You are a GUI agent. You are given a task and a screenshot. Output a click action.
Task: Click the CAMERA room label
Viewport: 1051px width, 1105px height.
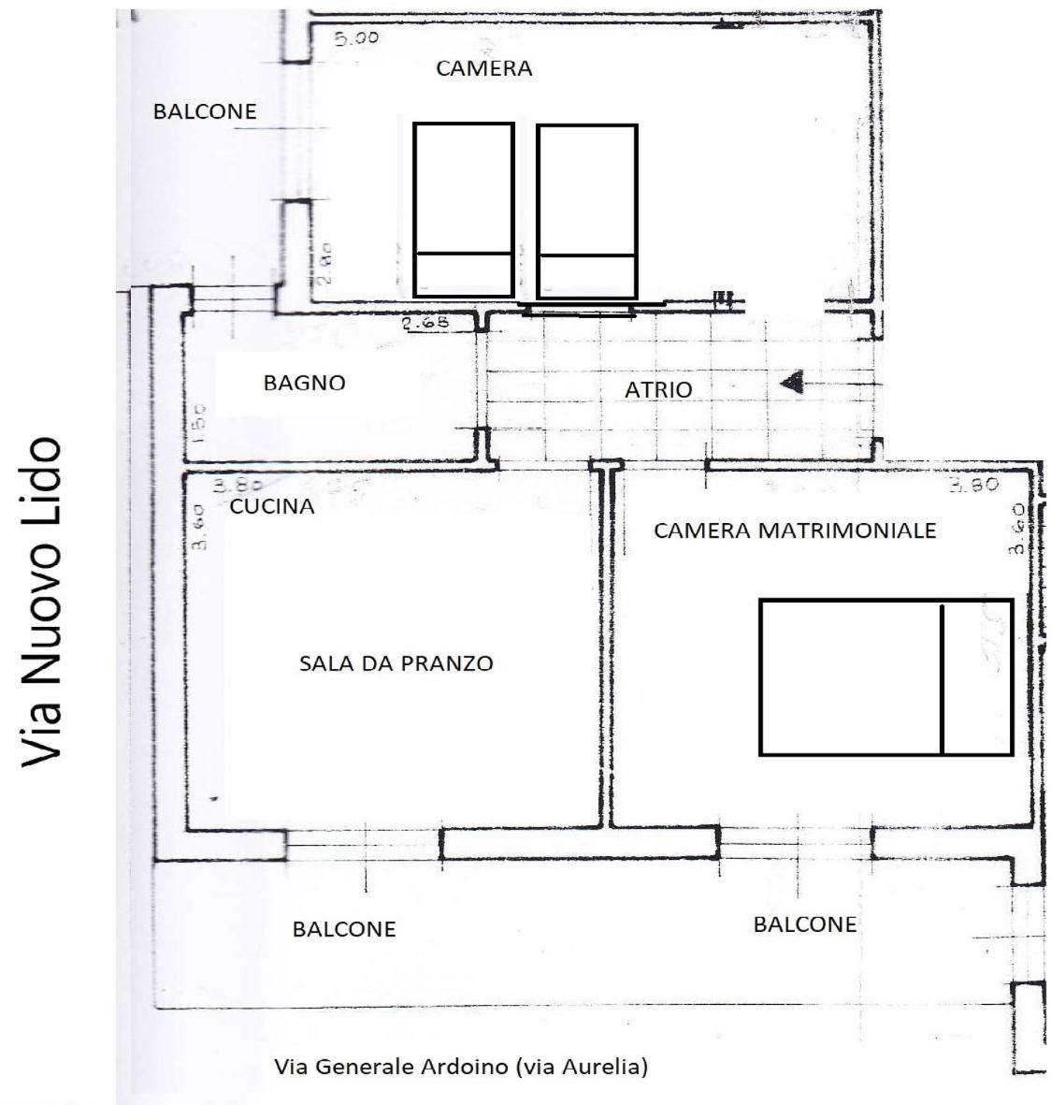point(484,68)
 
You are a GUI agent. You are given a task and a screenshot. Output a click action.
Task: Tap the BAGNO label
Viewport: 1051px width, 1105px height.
point(304,383)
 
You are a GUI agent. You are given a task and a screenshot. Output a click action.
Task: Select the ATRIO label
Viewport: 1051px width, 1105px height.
point(658,390)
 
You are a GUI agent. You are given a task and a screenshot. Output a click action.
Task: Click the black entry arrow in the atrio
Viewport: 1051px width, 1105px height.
point(793,382)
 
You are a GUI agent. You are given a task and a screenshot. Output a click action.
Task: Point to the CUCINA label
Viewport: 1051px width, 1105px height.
point(272,507)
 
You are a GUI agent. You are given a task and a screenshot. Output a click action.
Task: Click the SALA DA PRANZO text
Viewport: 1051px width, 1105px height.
point(396,663)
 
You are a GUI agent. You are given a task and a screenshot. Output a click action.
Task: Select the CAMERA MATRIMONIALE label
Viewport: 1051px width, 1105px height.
point(794,531)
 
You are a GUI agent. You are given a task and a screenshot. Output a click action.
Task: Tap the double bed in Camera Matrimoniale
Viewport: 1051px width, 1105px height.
point(885,676)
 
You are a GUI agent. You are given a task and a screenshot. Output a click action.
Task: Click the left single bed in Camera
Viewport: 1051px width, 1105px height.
point(464,211)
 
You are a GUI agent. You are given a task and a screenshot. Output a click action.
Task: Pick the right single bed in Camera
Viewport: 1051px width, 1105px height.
point(587,211)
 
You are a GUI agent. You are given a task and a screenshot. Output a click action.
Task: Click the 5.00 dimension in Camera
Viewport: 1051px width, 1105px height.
point(356,39)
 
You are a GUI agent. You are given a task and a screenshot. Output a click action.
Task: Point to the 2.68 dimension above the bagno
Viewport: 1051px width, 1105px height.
point(425,324)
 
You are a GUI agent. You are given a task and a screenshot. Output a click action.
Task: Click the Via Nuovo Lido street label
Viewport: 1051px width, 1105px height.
point(42,603)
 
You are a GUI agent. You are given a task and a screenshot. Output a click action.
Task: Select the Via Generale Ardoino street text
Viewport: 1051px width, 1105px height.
point(460,1066)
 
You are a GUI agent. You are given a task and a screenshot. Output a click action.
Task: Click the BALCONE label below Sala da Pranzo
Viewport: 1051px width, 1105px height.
point(344,929)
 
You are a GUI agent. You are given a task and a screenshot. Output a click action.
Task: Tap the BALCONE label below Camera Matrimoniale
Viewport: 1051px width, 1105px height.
point(804,924)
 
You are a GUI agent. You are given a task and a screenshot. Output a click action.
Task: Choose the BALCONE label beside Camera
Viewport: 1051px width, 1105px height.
point(205,111)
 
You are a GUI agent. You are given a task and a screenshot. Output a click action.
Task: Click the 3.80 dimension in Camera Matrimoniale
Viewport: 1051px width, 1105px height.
point(973,485)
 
